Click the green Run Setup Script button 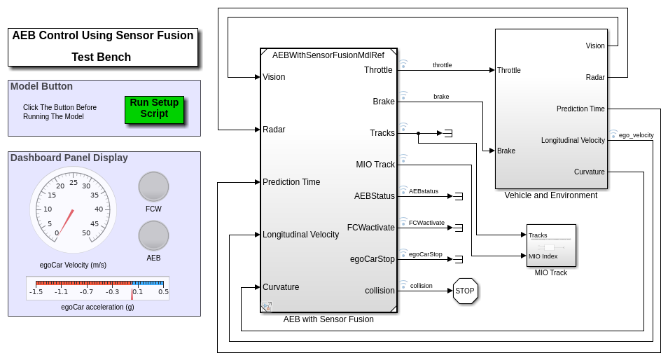coord(154,109)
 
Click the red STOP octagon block coord(465,291)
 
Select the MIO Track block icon coord(550,245)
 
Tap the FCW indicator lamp coord(153,186)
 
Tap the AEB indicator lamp coord(153,235)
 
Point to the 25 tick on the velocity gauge coord(74,183)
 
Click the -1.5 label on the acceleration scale coord(36,291)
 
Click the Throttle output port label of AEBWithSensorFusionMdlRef coord(378,70)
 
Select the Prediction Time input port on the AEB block coord(291,182)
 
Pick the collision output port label coord(380,291)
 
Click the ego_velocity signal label coord(636,134)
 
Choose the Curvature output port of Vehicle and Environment coord(589,172)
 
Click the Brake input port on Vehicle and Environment coord(506,151)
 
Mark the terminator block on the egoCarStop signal coord(459,259)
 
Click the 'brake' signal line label coord(441,97)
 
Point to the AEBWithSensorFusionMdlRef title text coord(328,55)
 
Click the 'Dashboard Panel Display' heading coord(69,158)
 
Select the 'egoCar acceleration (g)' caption coord(97,307)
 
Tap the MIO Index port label coord(543,256)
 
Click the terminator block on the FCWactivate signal coord(459,228)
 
